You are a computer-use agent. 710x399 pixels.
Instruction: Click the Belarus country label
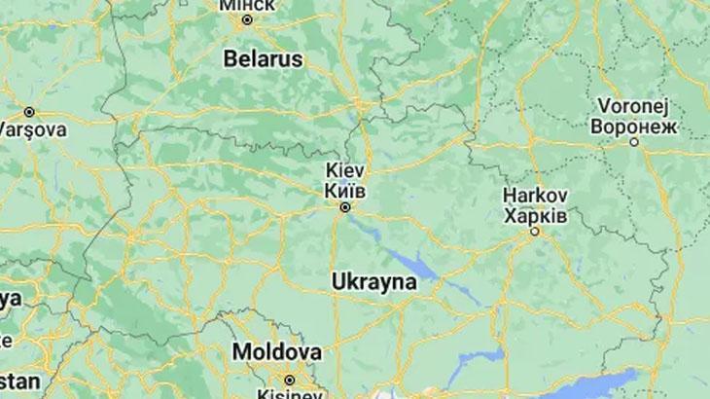coord(263,58)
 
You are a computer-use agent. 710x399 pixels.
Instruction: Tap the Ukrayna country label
coord(373,281)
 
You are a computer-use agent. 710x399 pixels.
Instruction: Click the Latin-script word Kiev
coord(344,169)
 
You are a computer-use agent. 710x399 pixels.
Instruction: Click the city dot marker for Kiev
coord(344,207)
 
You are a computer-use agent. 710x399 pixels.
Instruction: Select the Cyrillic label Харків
coord(535,214)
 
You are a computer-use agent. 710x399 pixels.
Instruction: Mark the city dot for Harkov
coord(534,232)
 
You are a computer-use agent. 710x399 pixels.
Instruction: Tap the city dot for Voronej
coord(634,142)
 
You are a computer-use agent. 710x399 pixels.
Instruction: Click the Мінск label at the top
coord(247,5)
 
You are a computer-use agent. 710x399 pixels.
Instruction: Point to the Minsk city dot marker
coord(247,19)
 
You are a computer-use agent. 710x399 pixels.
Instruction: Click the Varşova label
coord(31,129)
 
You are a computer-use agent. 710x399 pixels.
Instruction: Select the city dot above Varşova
coord(29,112)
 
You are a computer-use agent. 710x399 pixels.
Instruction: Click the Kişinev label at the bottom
coord(288,393)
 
